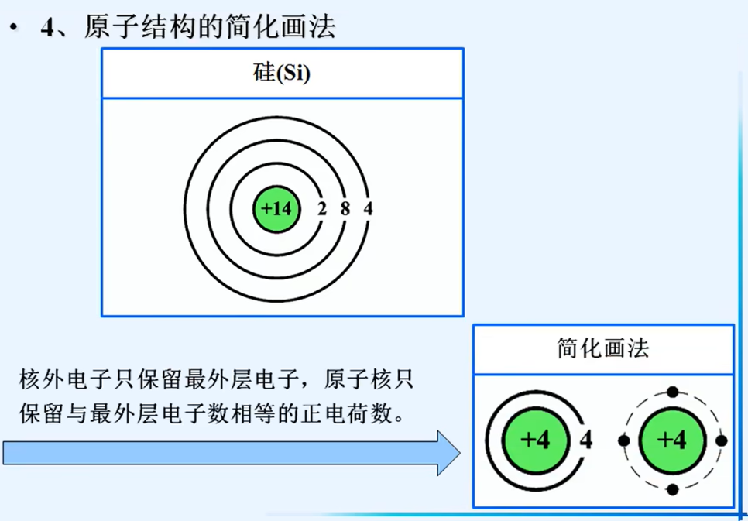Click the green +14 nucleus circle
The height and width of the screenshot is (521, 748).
(x=276, y=208)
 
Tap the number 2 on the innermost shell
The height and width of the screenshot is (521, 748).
(x=322, y=208)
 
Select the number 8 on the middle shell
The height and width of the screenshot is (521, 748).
(x=345, y=208)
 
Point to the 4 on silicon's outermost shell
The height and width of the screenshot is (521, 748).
(x=368, y=208)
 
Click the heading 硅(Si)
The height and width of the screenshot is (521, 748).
(x=282, y=74)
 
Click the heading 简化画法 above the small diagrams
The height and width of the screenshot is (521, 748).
(x=603, y=348)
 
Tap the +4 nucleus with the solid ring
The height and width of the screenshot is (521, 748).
(x=535, y=440)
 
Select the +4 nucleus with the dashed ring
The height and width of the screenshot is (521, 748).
(x=672, y=440)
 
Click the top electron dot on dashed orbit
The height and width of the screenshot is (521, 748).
(x=672, y=392)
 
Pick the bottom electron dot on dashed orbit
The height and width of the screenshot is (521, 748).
(x=672, y=489)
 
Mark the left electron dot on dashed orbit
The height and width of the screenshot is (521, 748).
(x=624, y=440)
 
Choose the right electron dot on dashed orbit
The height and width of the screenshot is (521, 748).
(x=721, y=440)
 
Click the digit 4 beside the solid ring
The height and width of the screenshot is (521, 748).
(x=586, y=440)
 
